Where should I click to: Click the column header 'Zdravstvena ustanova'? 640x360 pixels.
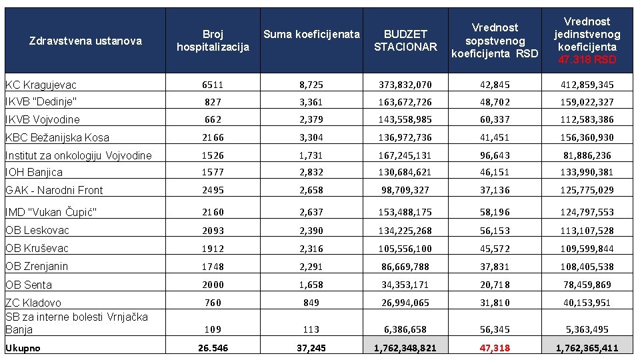tap(86, 41)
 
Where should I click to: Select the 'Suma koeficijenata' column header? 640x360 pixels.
tap(311, 34)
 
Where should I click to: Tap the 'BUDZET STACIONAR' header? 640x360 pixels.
tap(405, 41)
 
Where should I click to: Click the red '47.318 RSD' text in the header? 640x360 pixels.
tap(587, 59)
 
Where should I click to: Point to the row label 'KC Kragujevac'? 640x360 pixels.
tap(41, 85)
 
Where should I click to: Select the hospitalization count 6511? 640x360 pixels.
tap(213, 85)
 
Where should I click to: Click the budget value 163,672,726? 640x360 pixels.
tap(405, 102)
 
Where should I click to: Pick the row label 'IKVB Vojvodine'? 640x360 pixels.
tap(43, 119)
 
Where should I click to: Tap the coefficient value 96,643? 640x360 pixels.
tap(495, 155)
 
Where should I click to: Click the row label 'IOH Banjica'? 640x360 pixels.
tap(34, 172)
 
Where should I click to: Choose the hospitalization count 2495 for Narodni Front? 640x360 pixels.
tap(213, 190)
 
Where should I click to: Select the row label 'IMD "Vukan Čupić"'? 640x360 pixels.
tap(51, 212)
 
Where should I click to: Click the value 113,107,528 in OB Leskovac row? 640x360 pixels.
tap(587, 231)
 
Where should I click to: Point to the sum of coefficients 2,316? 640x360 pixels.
tap(311, 249)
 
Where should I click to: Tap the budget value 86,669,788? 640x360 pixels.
tap(405, 267)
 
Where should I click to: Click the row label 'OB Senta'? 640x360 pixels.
tap(29, 285)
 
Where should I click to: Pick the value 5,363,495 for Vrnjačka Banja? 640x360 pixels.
tap(587, 330)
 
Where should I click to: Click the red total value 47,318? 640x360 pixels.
tap(495, 348)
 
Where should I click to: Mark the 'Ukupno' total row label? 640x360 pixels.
tap(23, 348)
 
